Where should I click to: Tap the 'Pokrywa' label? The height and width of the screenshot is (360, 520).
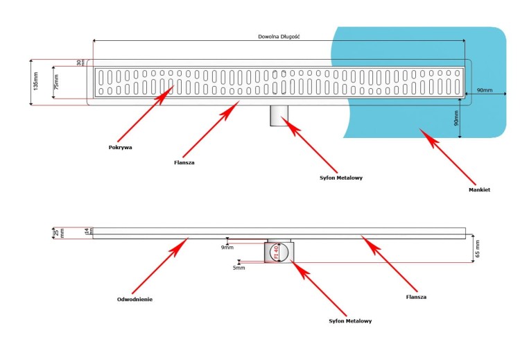click(x=120, y=147)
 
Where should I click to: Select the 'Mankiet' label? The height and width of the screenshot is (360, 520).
click(x=480, y=189)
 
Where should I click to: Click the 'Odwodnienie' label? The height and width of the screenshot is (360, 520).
click(x=135, y=299)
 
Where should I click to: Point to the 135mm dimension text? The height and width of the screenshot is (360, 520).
click(x=35, y=83)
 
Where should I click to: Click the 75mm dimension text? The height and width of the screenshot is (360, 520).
click(x=58, y=83)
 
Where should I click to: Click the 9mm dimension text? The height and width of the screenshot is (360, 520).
click(x=226, y=246)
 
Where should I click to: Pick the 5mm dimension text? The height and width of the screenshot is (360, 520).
click(x=239, y=267)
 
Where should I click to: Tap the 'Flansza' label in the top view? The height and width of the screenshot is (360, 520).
click(x=184, y=163)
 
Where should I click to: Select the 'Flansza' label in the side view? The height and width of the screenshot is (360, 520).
click(x=416, y=297)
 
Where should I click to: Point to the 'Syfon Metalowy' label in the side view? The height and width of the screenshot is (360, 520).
click(x=349, y=321)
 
